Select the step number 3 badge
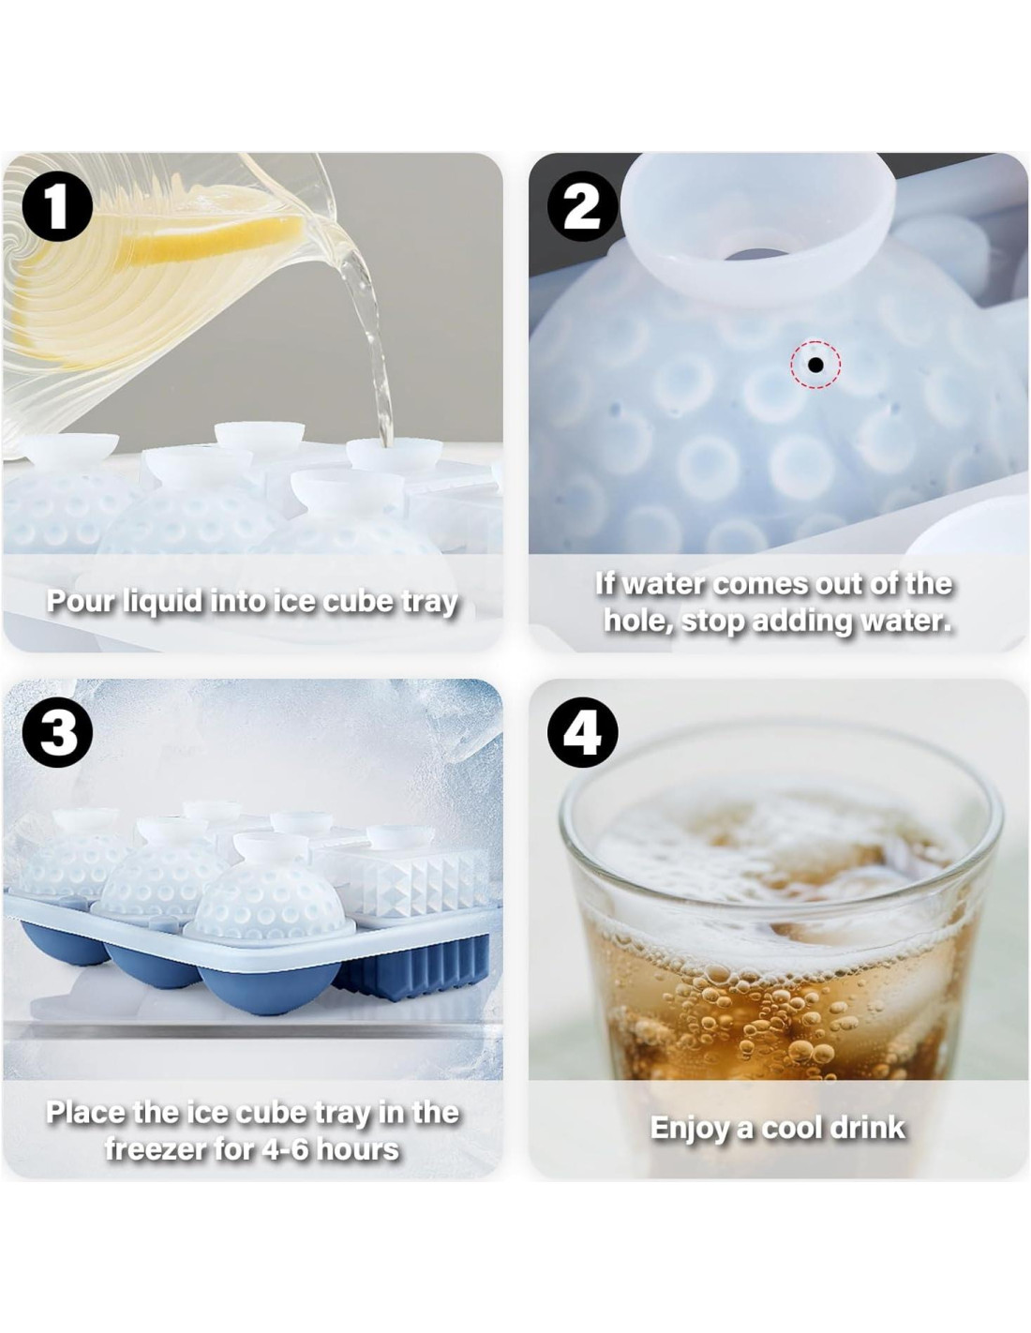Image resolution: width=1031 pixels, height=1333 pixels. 58,734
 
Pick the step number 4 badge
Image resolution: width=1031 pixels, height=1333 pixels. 581,734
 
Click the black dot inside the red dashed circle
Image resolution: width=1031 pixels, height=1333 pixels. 815,365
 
